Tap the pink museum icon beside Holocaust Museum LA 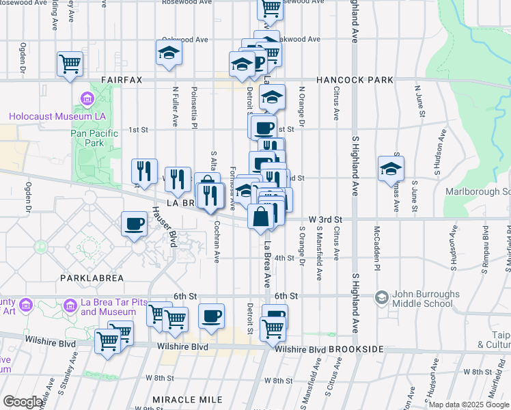87,100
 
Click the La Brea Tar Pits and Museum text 108,307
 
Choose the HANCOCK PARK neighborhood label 354,80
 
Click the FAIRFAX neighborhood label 122,80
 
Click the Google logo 23,402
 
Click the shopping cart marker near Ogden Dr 70,64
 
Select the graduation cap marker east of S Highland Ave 391,168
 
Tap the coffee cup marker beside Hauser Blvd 134,223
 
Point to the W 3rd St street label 324,219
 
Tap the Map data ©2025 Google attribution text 469,405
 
